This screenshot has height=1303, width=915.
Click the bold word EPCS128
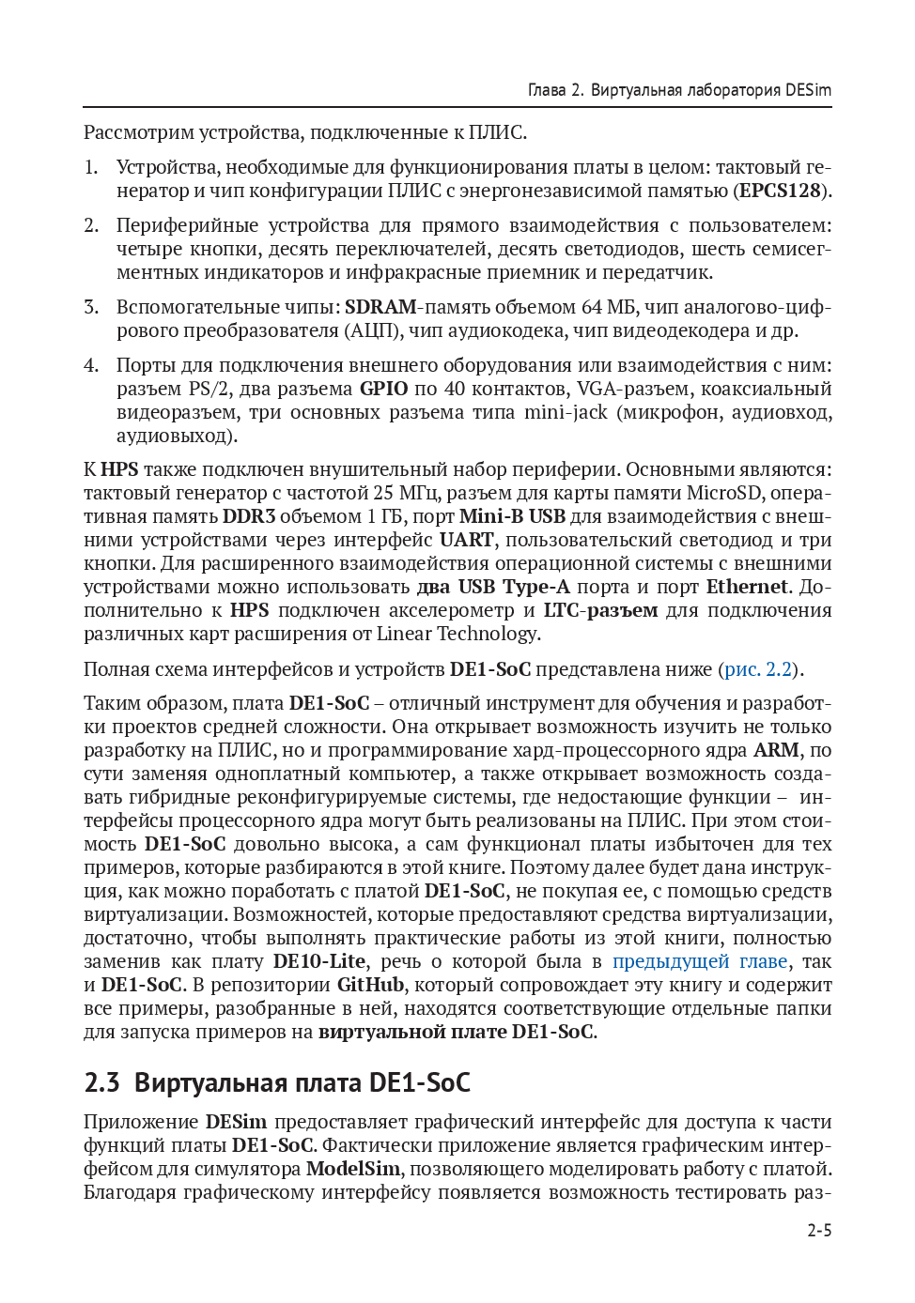click(780, 191)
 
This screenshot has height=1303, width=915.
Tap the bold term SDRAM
click(380, 307)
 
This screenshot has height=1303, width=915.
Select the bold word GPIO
click(383, 389)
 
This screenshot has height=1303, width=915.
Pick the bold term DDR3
click(249, 516)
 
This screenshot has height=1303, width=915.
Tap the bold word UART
click(466, 540)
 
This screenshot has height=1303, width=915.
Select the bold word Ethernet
click(747, 587)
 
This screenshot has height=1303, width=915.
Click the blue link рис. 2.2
click(757, 669)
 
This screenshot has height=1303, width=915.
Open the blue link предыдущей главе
click(700, 961)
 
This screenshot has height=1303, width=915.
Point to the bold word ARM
click(776, 750)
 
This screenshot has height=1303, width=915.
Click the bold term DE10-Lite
click(319, 961)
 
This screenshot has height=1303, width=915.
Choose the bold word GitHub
click(370, 985)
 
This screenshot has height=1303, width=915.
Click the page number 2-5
click(819, 1231)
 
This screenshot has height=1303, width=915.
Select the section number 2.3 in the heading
click(101, 1082)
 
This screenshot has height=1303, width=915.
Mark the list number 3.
click(90, 307)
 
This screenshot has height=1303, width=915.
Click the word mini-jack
click(566, 412)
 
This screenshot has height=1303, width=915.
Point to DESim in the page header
click(808, 90)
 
